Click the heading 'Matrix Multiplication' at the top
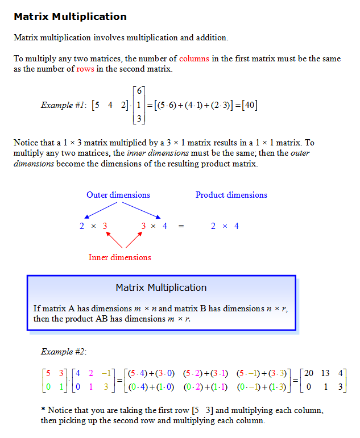(70, 16)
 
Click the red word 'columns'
(194, 59)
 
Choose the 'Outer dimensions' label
(118, 195)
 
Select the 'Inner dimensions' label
(119, 257)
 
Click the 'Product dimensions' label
(231, 195)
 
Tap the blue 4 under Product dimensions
(237, 226)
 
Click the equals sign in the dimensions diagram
(181, 226)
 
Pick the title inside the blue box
(161, 287)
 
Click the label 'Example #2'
(64, 352)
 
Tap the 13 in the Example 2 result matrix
(325, 373)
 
